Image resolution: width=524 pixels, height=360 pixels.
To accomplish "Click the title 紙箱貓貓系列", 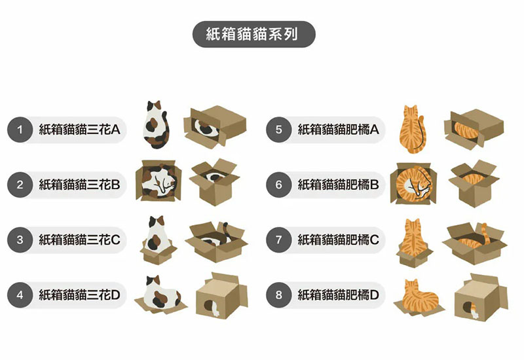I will pyautogui.click(x=253, y=34).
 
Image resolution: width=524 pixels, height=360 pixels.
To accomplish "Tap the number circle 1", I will pyautogui.click(x=20, y=130).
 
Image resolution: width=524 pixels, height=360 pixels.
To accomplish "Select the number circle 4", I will pyautogui.click(x=20, y=295).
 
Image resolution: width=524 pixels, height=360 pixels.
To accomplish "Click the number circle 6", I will pyautogui.click(x=279, y=185).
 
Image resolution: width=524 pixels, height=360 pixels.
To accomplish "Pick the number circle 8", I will pyautogui.click(x=279, y=295).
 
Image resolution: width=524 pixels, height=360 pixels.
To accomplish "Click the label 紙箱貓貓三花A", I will pyautogui.click(x=79, y=130).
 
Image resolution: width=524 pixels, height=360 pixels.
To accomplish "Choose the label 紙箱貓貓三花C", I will pyautogui.click(x=79, y=240).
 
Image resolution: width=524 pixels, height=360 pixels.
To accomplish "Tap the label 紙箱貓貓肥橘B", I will pyautogui.click(x=338, y=185).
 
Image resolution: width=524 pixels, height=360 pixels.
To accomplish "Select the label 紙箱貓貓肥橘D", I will pyautogui.click(x=338, y=295).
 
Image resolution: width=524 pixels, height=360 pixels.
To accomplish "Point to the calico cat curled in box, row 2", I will pyautogui.click(x=158, y=181).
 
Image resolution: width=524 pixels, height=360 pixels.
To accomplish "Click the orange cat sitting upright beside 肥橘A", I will pyautogui.click(x=411, y=128).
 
